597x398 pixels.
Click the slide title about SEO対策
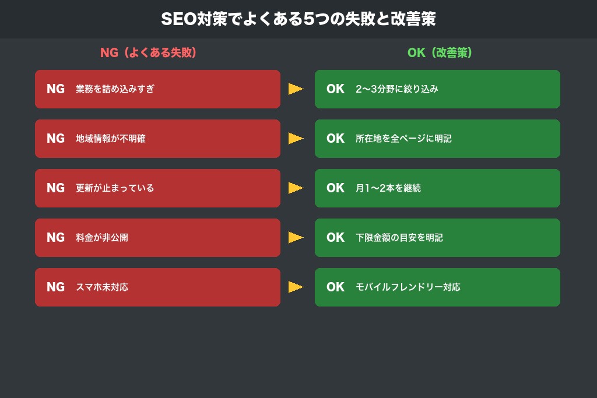298,19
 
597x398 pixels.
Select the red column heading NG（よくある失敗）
148,53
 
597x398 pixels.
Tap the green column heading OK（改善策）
440,53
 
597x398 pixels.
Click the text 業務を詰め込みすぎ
115,89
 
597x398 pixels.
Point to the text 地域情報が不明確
110,139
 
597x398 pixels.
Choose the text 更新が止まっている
115,188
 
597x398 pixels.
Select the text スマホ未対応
101,287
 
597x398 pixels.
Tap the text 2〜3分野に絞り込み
396,89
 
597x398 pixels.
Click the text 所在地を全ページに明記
403,139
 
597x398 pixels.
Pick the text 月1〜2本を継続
388,188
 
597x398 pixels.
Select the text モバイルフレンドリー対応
408,287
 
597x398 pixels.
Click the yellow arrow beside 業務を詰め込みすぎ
296,89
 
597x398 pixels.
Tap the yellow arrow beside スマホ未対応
296,287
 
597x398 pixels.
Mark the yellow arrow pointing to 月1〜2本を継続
296,188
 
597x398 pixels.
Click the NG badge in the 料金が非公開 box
55,238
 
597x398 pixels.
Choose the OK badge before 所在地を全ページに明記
335,139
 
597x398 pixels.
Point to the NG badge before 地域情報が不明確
55,139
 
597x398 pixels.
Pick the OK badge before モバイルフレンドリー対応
335,287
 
